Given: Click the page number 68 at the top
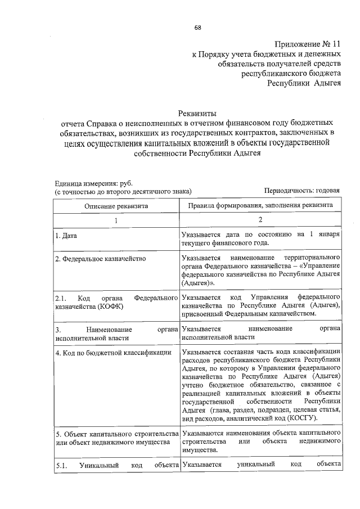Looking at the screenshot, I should click(198, 28).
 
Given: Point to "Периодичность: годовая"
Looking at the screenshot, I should click(301, 191).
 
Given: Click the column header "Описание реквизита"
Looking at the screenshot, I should click(116, 206).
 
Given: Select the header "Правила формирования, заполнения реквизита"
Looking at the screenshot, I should click(260, 206).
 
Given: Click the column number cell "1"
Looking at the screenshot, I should click(116, 220).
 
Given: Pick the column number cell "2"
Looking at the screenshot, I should click(260, 220).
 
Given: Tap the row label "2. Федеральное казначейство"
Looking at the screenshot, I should click(100, 259).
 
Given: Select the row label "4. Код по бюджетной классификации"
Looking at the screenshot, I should click(109, 353).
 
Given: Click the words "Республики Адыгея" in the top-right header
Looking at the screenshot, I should click(303, 83).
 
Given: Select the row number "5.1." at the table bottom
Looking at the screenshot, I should click(61, 465).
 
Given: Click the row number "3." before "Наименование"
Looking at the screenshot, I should click(57, 329).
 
